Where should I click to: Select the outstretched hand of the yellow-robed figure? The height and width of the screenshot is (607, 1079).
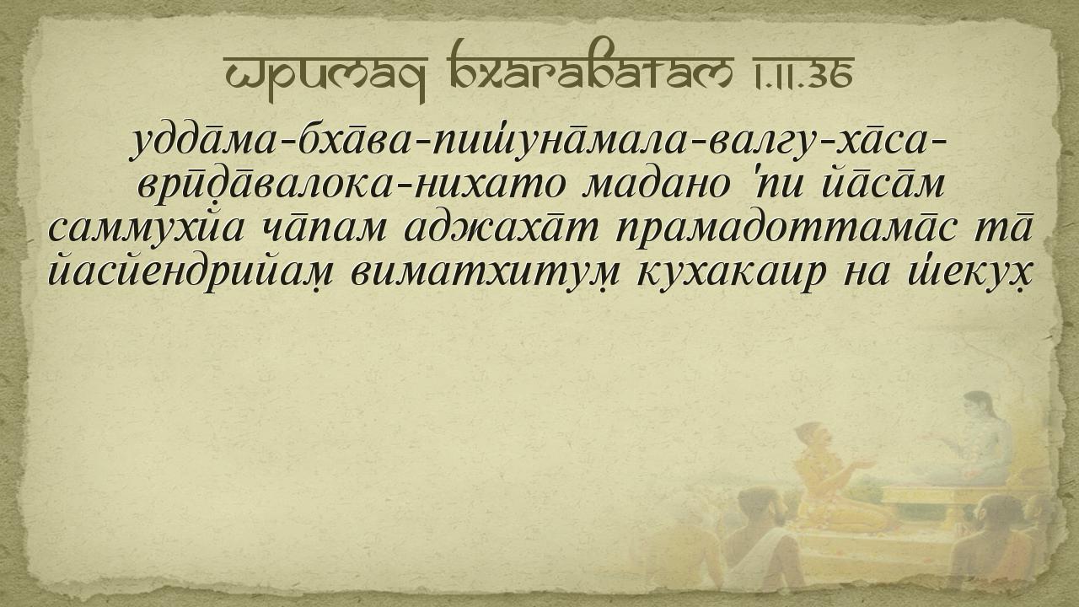[x=865, y=464]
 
